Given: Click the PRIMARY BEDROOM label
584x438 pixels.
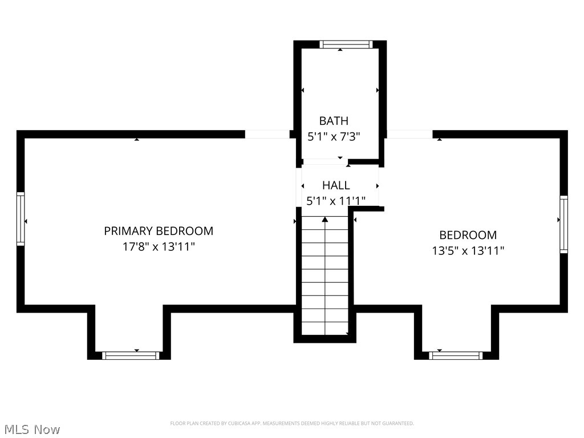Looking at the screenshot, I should point(159,231).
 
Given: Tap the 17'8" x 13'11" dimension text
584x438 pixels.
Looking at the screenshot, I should point(159,246).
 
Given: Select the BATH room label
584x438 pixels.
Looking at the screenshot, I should point(334,121).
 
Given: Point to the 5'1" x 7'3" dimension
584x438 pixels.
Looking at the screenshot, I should point(334,136).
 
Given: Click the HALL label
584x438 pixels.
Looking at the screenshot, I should point(336,185).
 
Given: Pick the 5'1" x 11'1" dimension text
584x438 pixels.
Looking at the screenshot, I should point(336,201).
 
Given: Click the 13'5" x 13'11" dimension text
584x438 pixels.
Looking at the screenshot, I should point(468,250).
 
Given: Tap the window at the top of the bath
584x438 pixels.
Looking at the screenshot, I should point(346,44).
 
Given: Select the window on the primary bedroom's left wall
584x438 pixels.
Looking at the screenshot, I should point(21,218).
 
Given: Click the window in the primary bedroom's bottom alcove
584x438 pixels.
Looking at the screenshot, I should point(131,355).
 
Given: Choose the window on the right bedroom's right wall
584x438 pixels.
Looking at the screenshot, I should point(563,224).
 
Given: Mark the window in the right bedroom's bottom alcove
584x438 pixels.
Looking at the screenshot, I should point(456,355).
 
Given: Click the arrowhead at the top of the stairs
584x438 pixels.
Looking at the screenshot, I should point(325,219).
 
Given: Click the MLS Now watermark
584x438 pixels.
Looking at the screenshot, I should point(32,429).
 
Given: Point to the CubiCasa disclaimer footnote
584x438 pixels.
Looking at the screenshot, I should point(292,423).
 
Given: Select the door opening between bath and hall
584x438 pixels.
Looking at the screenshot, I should point(325,161).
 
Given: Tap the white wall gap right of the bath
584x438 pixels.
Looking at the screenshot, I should point(409,134).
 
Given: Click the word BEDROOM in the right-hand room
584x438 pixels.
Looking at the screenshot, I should point(468,235).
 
